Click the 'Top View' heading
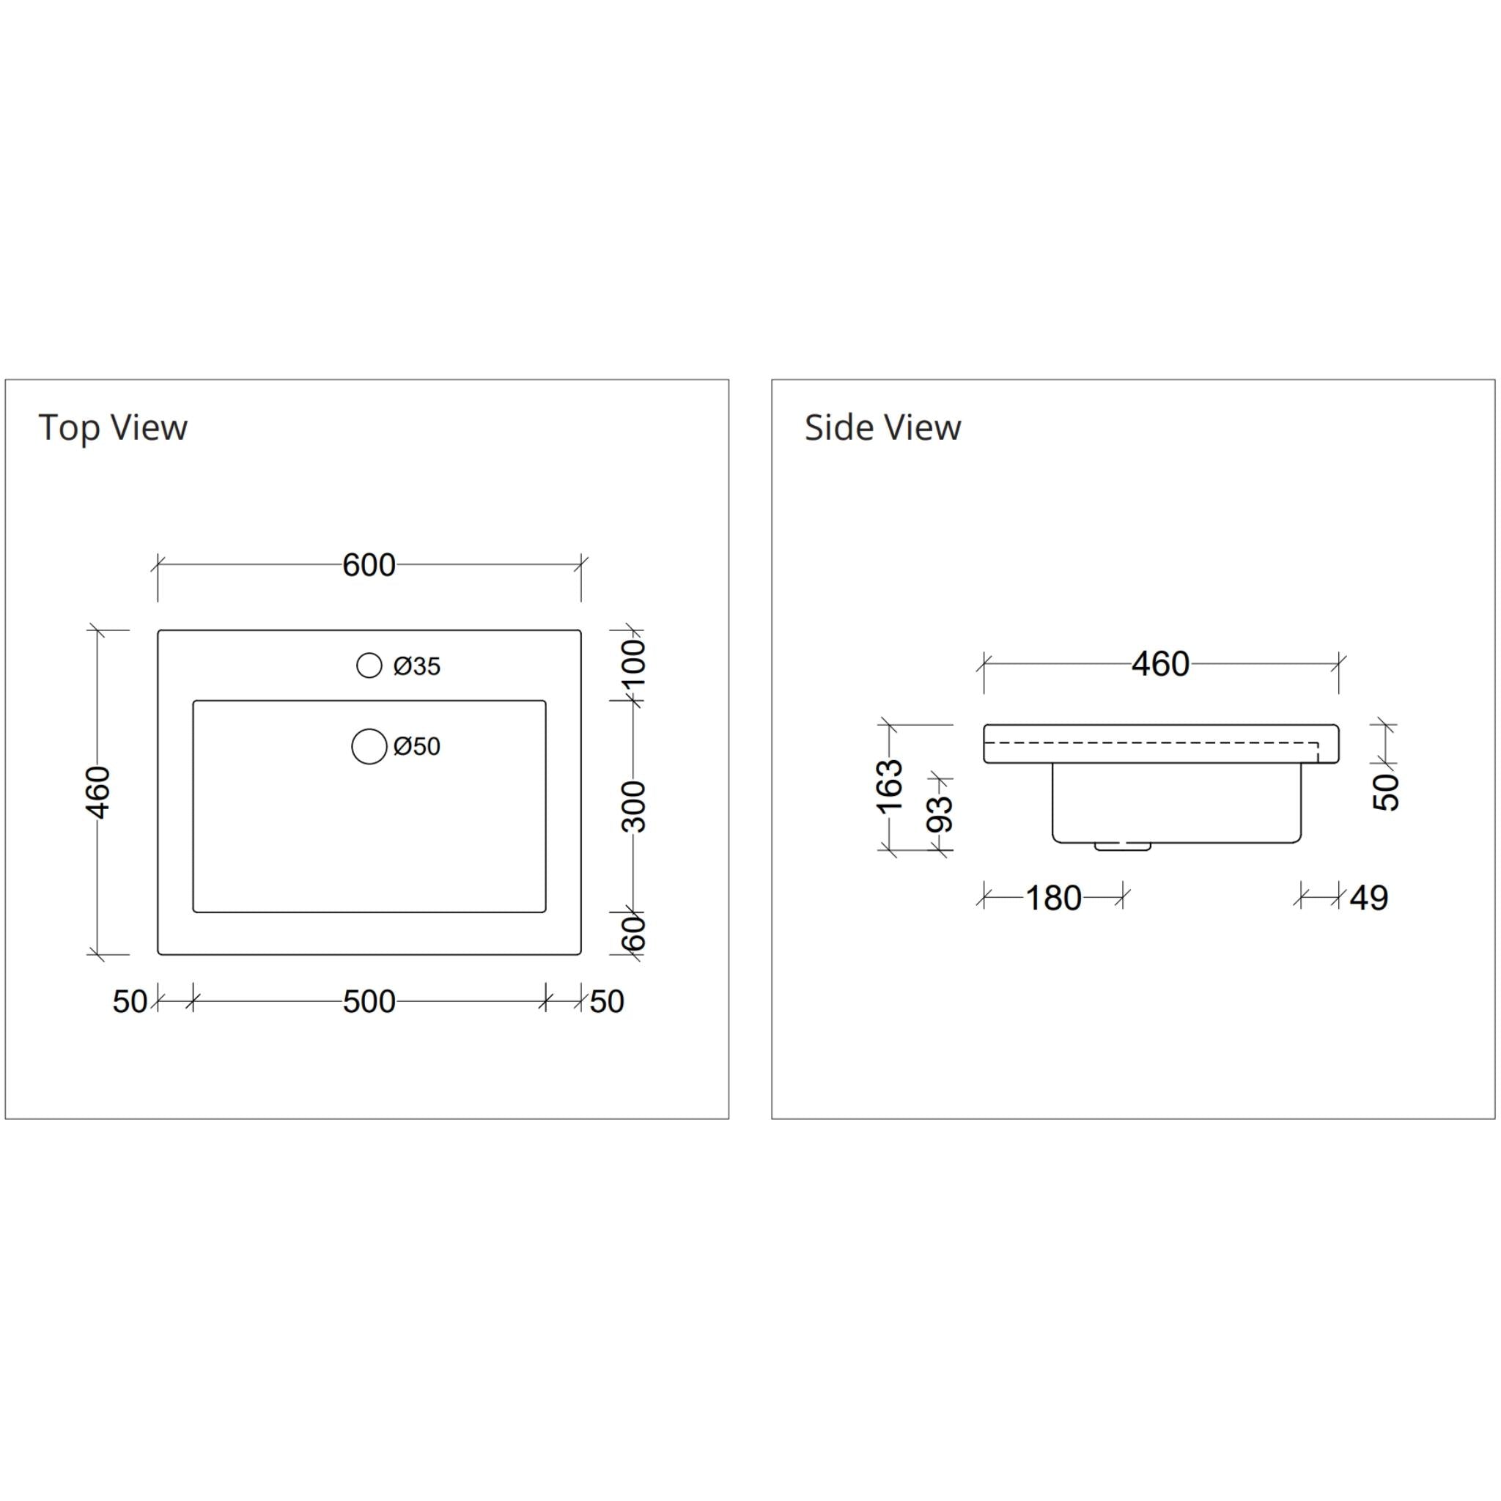(113, 427)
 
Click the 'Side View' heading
(882, 427)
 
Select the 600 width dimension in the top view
(369, 565)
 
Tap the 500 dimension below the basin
(369, 1001)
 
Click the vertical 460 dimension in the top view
(99, 792)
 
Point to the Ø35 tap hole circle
(369, 665)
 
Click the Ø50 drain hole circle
(369, 746)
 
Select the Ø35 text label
(417, 667)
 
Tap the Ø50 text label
(417, 747)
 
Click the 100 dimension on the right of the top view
(635, 662)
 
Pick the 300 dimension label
(635, 806)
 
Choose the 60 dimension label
(635, 932)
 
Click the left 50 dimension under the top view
(130, 1001)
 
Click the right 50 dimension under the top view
(607, 1001)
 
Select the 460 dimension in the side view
(1160, 664)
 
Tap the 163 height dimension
(890, 786)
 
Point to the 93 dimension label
(940, 814)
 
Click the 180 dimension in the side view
(1053, 898)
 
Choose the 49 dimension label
(1369, 898)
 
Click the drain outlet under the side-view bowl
(1123, 845)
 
